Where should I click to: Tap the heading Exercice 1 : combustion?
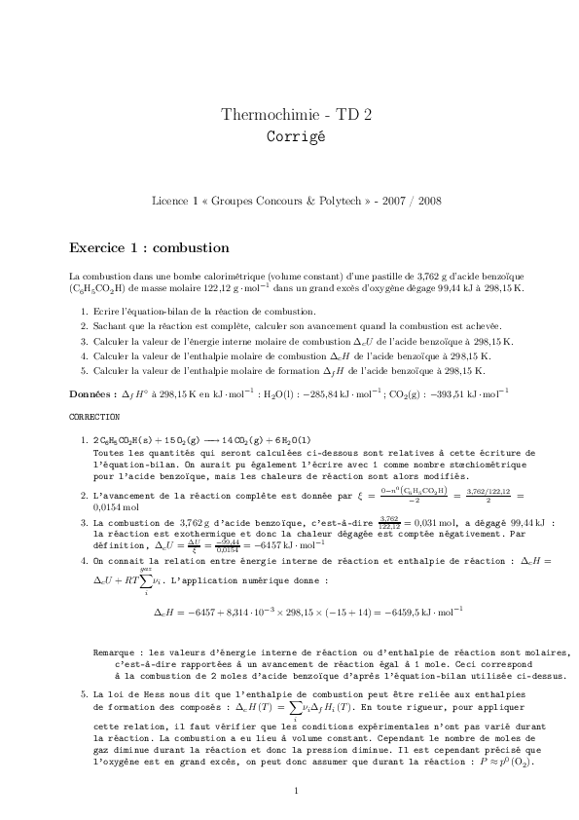point(149,247)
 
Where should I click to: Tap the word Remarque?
point(114,652)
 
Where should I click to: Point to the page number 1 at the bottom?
point(295,790)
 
